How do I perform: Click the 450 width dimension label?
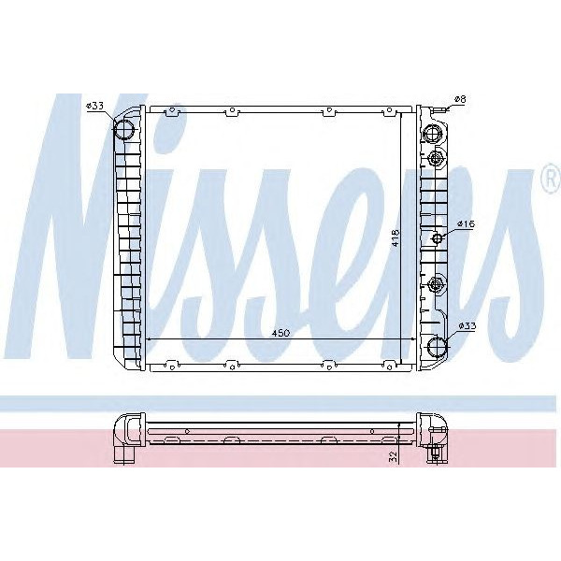[x=281, y=332]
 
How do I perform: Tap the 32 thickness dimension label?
[x=394, y=456]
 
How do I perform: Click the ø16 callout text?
[x=467, y=225]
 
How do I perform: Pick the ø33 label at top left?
[x=94, y=106]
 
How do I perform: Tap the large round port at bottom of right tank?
[x=437, y=347]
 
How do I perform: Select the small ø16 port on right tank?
[x=437, y=239]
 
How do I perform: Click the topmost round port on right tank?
[x=434, y=133]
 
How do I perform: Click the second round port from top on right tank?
[x=436, y=158]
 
